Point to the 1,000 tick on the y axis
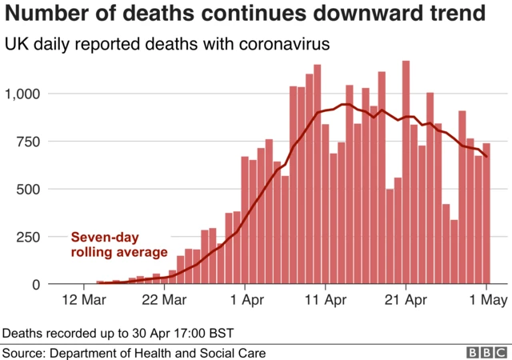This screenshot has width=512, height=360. coord(26,94)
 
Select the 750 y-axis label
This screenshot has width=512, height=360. coord(32,142)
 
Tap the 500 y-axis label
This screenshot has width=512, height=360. coord(32,190)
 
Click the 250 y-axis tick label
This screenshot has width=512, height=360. coord(32,237)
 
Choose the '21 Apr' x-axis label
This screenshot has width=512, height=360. coord(406,302)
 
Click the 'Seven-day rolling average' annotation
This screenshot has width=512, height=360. coord(119,245)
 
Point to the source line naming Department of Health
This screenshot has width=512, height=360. coord(134,352)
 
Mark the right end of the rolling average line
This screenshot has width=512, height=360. coord(486,157)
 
